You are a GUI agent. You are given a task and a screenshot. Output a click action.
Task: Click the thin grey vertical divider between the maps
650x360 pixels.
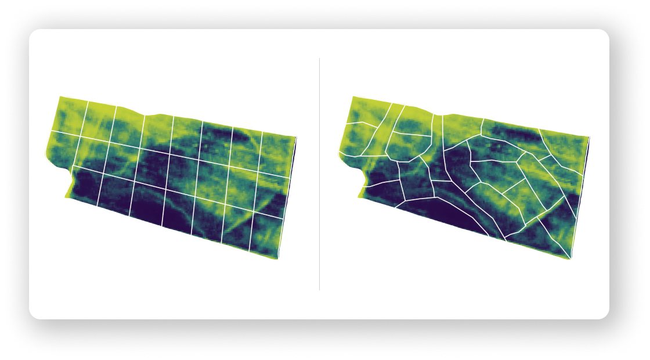pos(319,174)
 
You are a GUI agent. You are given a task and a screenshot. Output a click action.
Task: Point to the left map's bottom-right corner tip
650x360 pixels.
pos(279,258)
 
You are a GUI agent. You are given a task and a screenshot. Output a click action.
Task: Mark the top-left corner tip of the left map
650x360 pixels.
pos(60,97)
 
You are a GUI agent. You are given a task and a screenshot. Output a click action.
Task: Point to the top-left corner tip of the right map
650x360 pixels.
pos(351,97)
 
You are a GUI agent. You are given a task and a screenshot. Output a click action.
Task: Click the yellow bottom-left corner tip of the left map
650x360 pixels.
pos(67,197)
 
